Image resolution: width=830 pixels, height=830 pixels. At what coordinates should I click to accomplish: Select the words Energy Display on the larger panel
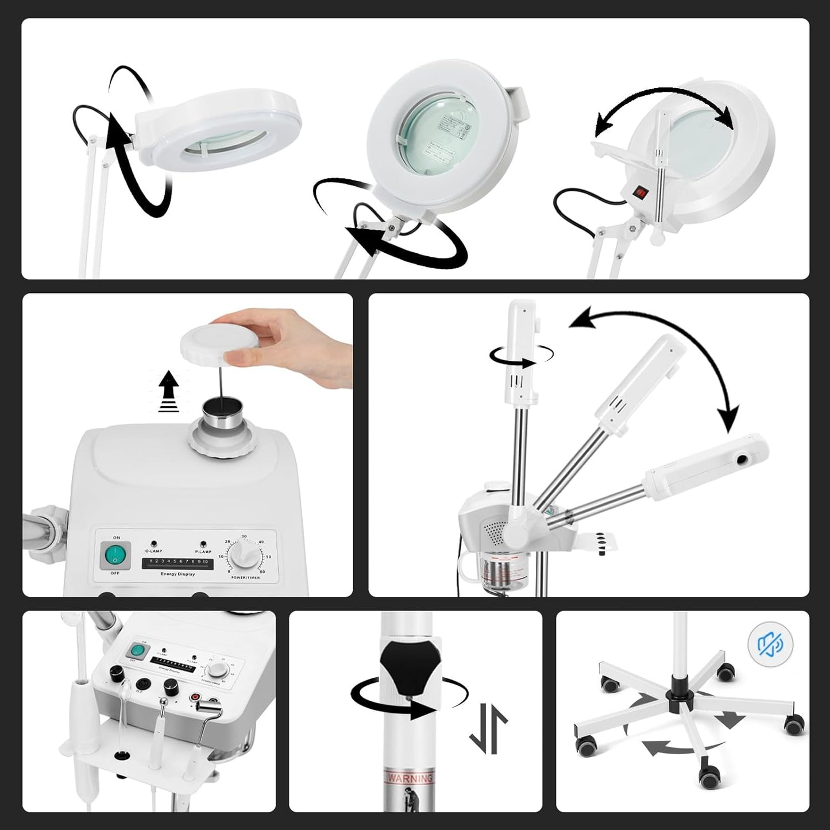click(177, 574)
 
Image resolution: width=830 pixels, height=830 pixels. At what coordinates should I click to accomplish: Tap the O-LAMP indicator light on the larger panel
click(154, 543)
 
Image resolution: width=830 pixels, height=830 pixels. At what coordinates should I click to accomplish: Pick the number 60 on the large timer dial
click(263, 572)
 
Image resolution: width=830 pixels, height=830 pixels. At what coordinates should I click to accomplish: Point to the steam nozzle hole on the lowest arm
click(745, 460)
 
